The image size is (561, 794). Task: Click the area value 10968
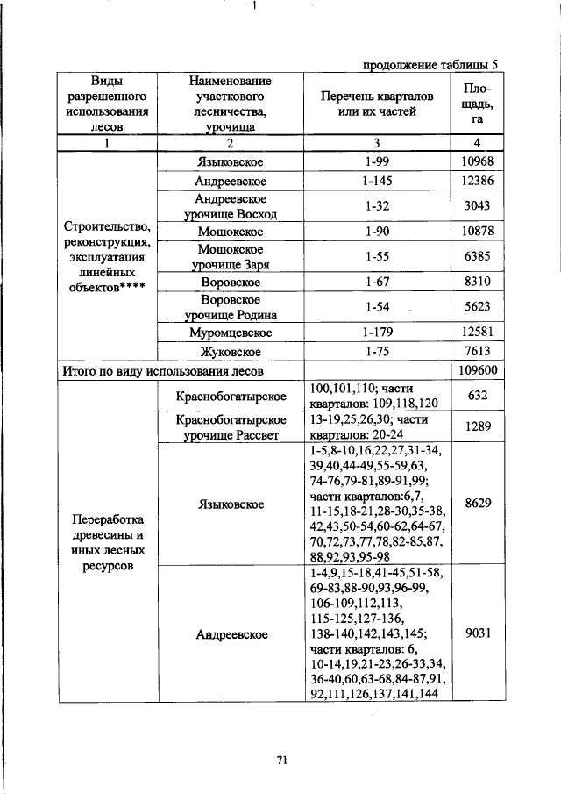[x=478, y=162]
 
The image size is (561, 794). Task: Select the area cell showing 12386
[x=478, y=182]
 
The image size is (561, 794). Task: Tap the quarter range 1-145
[x=375, y=182]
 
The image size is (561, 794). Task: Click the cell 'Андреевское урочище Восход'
[x=231, y=207]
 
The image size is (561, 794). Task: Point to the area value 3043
[x=478, y=207]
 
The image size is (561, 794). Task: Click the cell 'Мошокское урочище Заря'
[x=231, y=257]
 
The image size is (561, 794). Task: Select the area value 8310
[x=478, y=283]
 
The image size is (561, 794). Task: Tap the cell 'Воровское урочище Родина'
[x=231, y=308]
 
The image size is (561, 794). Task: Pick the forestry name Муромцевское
[x=231, y=333]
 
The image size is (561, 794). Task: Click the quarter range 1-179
[x=375, y=333]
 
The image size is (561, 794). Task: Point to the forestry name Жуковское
[x=231, y=352]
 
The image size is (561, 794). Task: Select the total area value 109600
[x=478, y=371]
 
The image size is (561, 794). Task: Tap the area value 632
[x=478, y=396]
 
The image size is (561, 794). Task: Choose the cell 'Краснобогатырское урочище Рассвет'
[x=231, y=427]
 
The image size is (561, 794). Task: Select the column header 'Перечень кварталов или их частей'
[x=375, y=104]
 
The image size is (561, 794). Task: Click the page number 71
[x=282, y=761]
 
